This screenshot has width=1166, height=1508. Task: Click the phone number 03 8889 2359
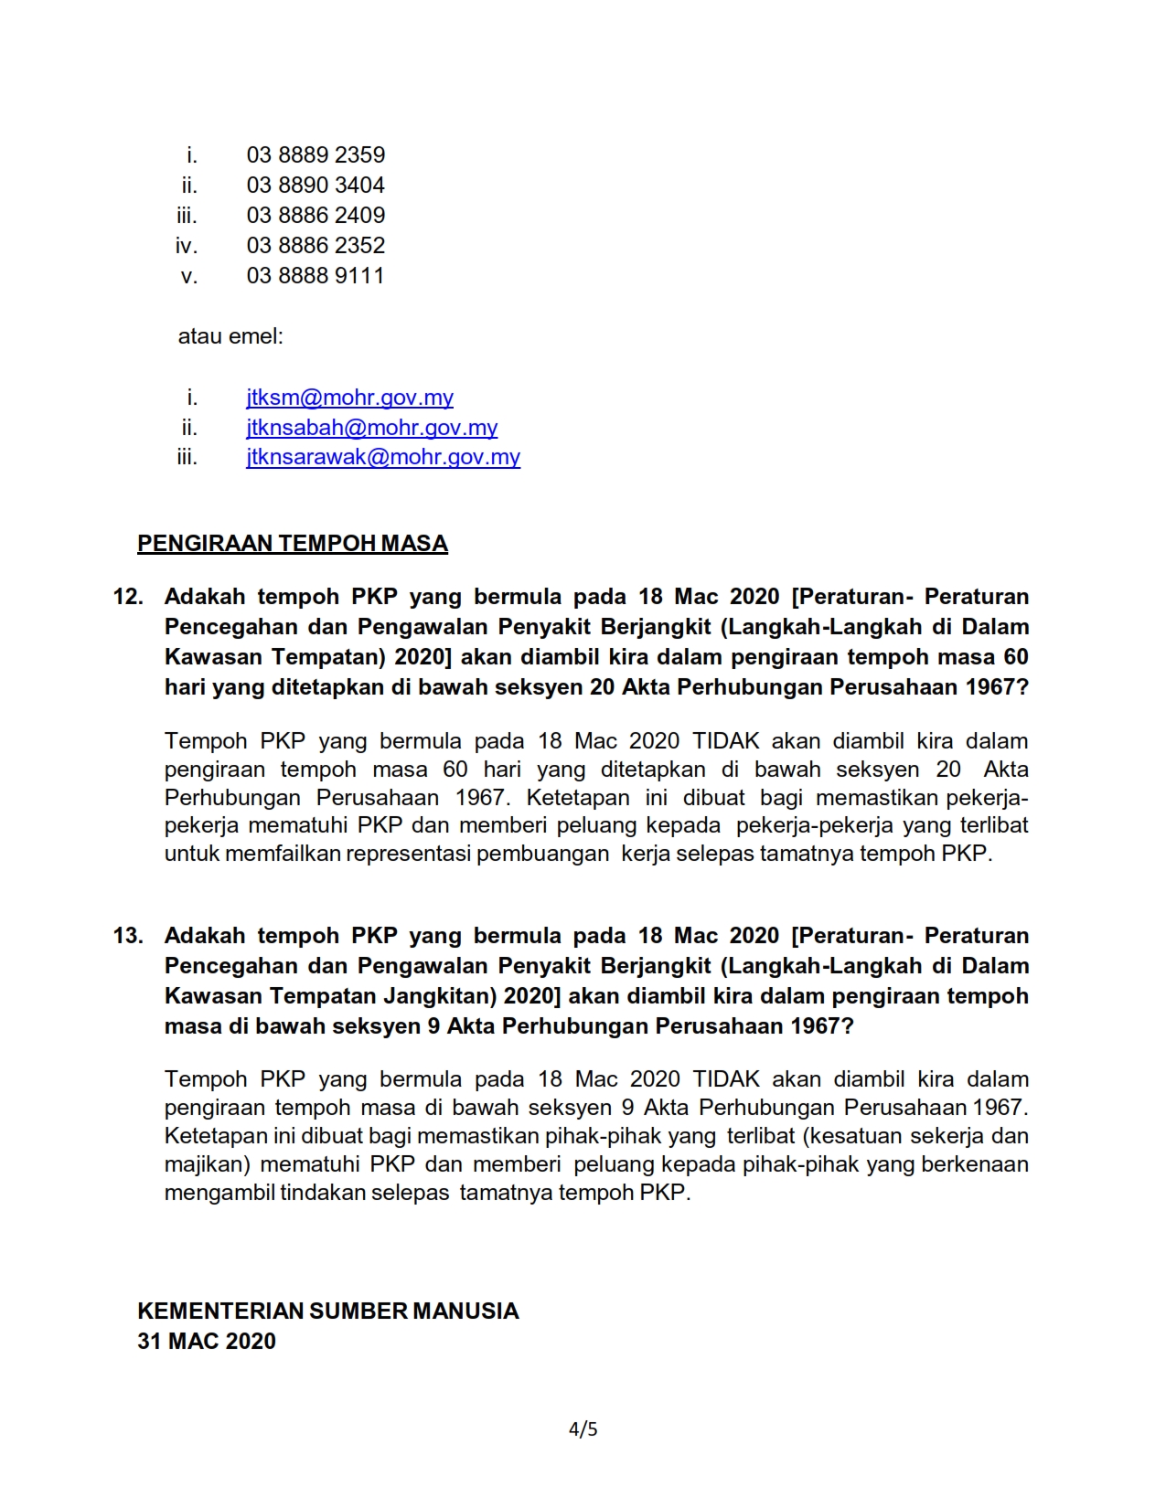click(x=316, y=155)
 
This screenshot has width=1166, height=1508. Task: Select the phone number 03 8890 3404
click(x=316, y=186)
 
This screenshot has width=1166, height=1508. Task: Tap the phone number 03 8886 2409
click(x=316, y=216)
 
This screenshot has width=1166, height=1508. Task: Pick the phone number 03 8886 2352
click(x=316, y=246)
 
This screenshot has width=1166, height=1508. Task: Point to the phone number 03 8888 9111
click(x=316, y=276)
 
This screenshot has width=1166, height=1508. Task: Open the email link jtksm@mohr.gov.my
click(x=349, y=398)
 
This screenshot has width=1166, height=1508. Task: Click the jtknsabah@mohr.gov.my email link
click(x=371, y=428)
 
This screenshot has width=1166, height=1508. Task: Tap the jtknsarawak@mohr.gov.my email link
click(x=383, y=457)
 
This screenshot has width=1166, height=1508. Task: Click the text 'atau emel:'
click(x=230, y=336)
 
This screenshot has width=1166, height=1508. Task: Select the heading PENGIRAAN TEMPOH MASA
click(x=293, y=544)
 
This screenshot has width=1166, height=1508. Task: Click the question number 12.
click(x=128, y=597)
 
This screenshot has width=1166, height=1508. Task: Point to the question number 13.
click(x=128, y=936)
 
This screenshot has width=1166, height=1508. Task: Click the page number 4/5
click(x=583, y=1429)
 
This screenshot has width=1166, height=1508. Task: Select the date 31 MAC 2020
click(x=207, y=1342)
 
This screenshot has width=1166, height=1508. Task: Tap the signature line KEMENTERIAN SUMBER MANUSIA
click(x=327, y=1312)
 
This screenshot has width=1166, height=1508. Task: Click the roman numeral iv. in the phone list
click(x=187, y=246)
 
